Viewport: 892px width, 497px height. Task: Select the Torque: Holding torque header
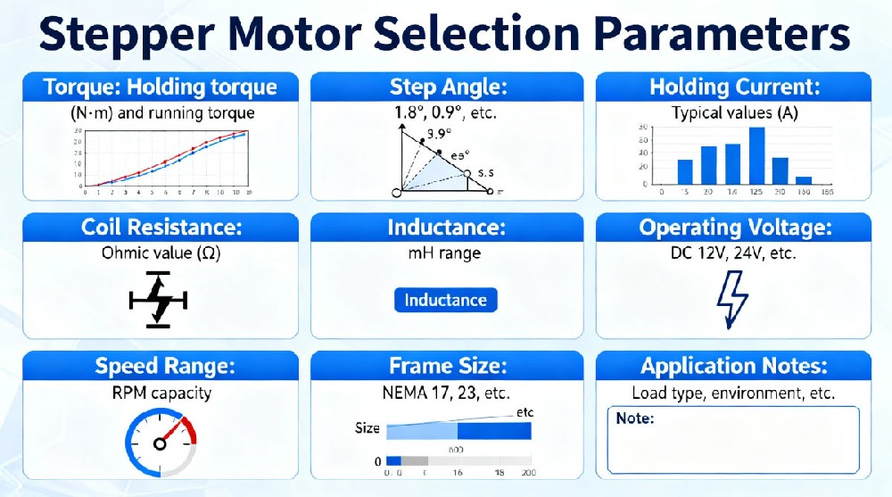click(x=161, y=87)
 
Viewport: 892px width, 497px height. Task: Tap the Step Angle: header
click(x=448, y=87)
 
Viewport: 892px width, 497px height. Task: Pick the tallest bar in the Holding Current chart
click(x=756, y=155)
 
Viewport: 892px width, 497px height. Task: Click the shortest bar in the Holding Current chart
click(x=803, y=180)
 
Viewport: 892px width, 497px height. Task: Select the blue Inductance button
click(x=445, y=300)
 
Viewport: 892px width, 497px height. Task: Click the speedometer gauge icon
click(x=161, y=443)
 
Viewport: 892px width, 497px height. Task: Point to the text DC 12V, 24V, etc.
click(x=732, y=253)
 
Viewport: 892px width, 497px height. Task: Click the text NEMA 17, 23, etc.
click(x=446, y=392)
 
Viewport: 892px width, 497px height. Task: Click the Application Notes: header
click(x=733, y=366)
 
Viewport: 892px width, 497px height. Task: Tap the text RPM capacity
click(x=161, y=392)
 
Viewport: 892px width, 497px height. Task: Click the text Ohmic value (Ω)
click(x=161, y=253)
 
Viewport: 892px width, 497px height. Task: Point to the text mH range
click(x=446, y=253)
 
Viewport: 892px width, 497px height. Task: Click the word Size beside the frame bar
click(x=368, y=428)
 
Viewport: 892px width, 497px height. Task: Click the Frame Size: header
click(x=448, y=366)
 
